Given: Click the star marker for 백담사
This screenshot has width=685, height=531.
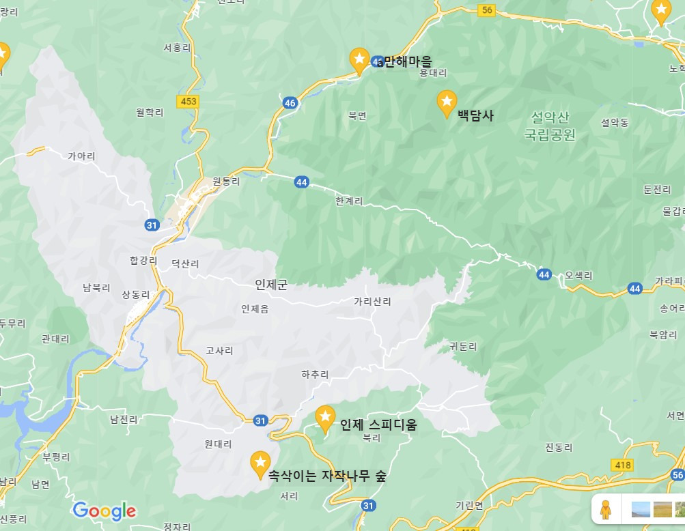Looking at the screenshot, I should click(447, 102).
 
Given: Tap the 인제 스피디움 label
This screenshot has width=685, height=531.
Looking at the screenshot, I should click(378, 425).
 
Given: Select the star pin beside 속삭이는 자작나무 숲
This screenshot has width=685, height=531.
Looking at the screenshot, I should click(260, 463).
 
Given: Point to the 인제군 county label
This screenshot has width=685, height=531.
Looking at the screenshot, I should click(271, 285).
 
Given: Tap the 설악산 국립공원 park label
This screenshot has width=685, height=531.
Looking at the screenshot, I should click(550, 126).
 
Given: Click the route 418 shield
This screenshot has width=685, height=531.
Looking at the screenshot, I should click(623, 465).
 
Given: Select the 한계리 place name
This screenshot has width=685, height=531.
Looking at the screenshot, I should click(349, 201).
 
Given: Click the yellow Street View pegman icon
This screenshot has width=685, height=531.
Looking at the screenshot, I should click(605, 509).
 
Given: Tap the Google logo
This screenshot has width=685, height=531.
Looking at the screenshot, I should click(104, 511).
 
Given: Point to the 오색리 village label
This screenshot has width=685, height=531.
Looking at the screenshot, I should click(578, 276).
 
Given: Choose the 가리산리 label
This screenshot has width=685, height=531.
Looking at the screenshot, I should click(372, 301).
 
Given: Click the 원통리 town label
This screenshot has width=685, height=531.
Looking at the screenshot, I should click(227, 182).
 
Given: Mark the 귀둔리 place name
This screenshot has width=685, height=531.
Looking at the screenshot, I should click(464, 346).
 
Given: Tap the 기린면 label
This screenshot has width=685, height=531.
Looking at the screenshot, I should click(469, 505).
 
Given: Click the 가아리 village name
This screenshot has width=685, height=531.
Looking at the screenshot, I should click(81, 156).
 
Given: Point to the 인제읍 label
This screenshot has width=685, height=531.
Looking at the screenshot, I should click(255, 309).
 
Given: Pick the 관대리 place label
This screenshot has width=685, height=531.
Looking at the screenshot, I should click(56, 338).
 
